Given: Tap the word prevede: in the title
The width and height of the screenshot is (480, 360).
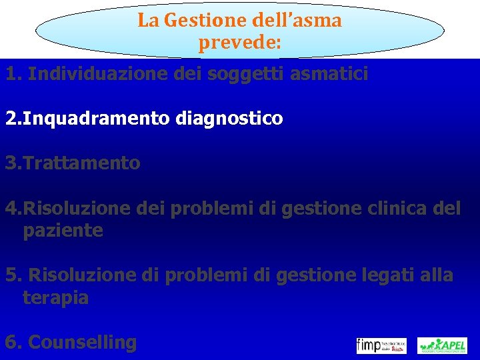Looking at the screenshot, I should (x=240, y=44).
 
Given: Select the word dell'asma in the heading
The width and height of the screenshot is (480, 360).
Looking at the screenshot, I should (x=290, y=21).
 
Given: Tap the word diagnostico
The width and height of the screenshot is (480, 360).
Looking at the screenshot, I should (x=230, y=119).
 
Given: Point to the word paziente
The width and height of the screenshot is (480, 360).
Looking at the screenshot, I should (x=63, y=231).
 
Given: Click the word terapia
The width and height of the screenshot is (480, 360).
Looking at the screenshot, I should (x=55, y=297).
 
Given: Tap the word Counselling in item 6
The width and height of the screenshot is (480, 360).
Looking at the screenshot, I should (x=83, y=343).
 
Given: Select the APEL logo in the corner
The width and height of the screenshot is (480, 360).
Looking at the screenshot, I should (x=442, y=345).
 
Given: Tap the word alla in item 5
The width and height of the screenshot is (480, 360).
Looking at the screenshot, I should (x=437, y=275).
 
